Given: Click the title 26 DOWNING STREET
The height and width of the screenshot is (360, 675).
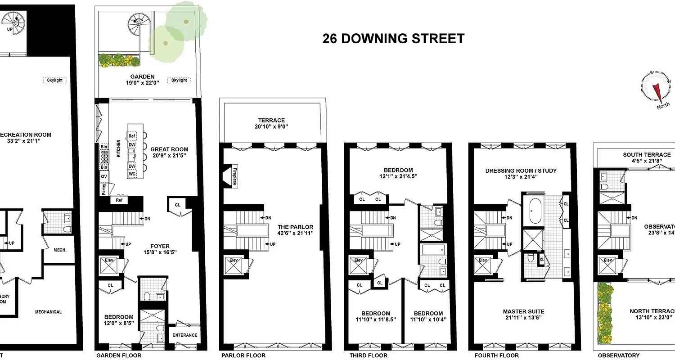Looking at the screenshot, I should (x=393, y=39).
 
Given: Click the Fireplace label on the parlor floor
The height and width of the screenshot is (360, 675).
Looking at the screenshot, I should (x=234, y=177).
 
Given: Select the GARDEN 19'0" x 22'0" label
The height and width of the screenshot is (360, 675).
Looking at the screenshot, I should (x=143, y=80).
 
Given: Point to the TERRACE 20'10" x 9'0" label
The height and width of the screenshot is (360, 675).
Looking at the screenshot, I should (x=271, y=123).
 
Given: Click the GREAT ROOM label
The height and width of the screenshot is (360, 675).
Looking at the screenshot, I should (x=169, y=152).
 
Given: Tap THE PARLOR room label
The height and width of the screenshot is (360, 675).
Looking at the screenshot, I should (x=295, y=229).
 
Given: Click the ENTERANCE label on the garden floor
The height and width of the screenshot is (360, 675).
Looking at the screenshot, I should (x=185, y=335).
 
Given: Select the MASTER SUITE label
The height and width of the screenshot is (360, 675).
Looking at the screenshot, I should (x=523, y=314).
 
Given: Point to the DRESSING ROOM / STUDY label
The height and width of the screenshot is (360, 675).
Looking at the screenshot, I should (x=521, y=174).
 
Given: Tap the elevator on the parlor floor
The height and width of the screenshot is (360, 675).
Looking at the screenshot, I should (x=234, y=266).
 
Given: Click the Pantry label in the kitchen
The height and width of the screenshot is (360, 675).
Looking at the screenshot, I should (x=104, y=189).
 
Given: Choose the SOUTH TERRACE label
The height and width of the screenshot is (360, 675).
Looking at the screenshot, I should (x=647, y=157).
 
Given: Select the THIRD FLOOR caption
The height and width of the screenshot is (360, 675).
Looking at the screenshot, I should (x=368, y=355).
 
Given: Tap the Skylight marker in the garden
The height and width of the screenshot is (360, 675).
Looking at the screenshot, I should (x=179, y=80).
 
